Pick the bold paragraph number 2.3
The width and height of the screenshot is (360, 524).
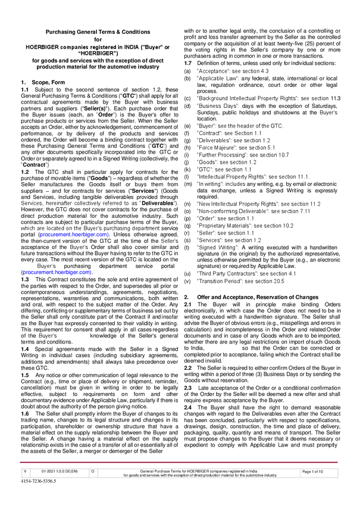point(189,387)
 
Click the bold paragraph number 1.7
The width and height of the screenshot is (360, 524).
point(189,63)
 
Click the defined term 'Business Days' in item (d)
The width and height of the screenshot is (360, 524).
point(217,106)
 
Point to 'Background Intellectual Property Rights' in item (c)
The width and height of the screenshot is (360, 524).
point(245,99)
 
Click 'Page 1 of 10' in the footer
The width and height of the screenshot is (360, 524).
point(313,488)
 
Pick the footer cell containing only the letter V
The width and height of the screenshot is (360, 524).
point(24,488)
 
